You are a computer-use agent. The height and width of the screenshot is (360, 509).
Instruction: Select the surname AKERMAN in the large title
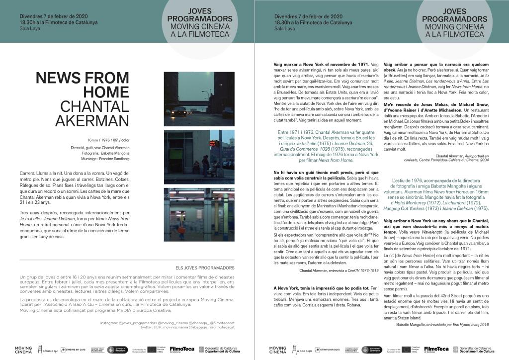pyautogui.click(x=92, y=121)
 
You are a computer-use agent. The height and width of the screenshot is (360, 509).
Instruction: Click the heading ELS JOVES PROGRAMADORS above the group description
pyautogui.click(x=205, y=268)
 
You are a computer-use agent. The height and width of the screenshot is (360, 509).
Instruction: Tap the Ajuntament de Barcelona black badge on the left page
pyautogui.click(x=117, y=350)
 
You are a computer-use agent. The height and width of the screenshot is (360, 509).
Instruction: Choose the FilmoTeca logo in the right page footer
pyautogui.click(x=436, y=350)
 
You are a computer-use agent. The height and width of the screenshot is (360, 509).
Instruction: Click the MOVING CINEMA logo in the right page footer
pyautogui.click(x=278, y=350)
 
